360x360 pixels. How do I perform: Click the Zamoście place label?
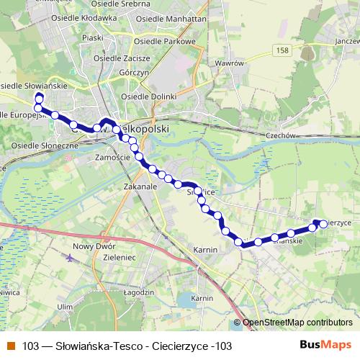point(112,156)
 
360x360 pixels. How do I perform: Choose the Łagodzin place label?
point(139,292)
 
